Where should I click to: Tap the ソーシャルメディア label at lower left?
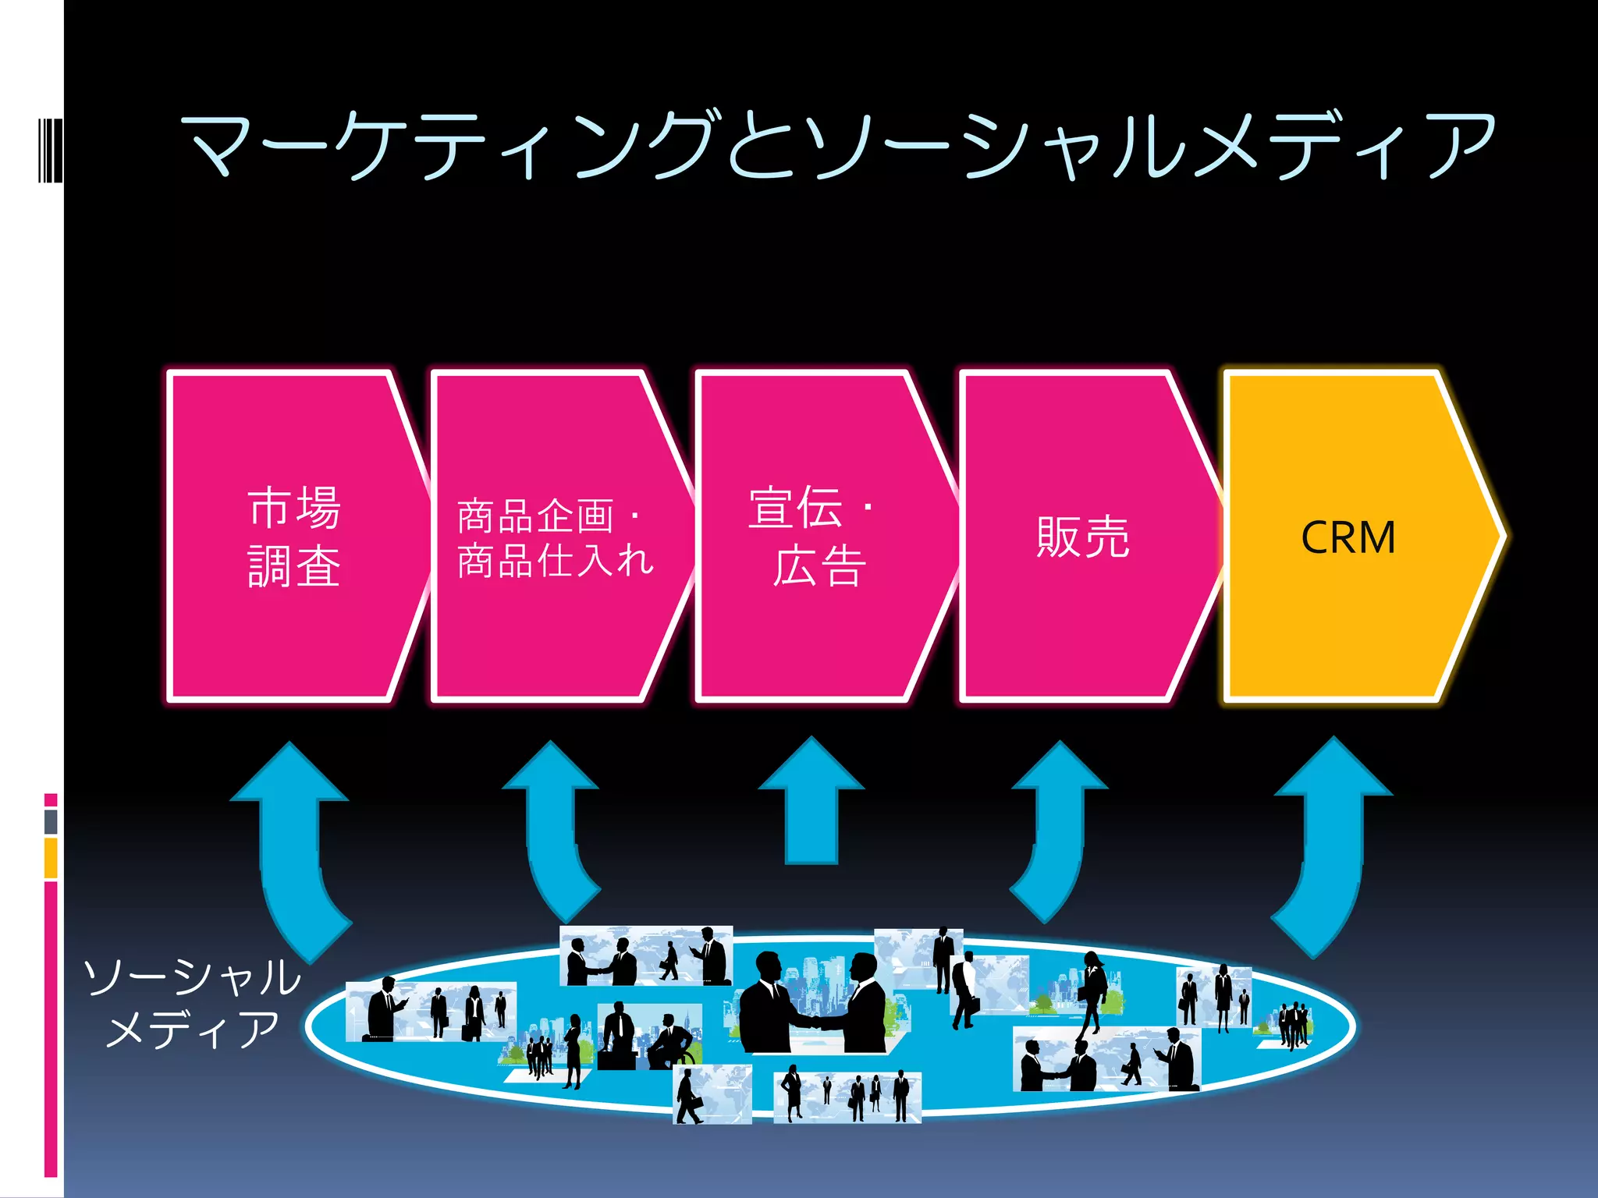point(192,1003)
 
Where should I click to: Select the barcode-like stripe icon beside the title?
point(50,151)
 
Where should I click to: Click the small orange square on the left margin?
point(51,858)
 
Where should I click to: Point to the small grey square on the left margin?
point(51,821)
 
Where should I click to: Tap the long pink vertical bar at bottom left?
point(51,1030)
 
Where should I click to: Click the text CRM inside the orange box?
point(1348,538)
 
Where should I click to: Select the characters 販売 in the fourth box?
point(1082,538)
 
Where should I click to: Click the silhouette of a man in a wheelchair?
point(671,1041)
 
